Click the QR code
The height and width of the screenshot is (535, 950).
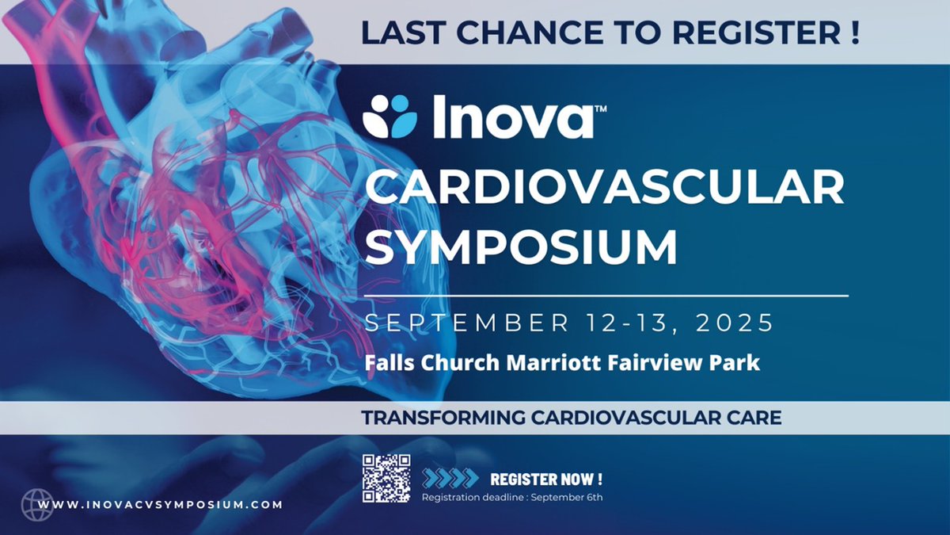coord(386,478)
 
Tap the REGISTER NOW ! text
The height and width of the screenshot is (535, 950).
coord(546,479)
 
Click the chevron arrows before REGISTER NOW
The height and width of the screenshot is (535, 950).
coord(450,478)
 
